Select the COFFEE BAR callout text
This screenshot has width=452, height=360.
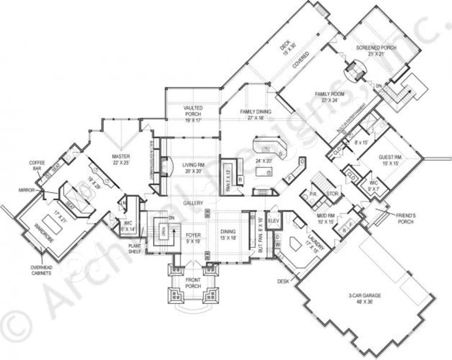point(37,165)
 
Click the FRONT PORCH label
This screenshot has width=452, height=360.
point(192,283)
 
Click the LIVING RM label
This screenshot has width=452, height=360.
point(192,168)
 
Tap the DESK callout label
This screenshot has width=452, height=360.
point(283,280)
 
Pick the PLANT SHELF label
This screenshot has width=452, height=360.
point(135,248)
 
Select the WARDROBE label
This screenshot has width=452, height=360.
point(44,235)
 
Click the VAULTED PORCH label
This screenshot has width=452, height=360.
point(192,110)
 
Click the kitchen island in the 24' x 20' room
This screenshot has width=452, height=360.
point(264,171)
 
